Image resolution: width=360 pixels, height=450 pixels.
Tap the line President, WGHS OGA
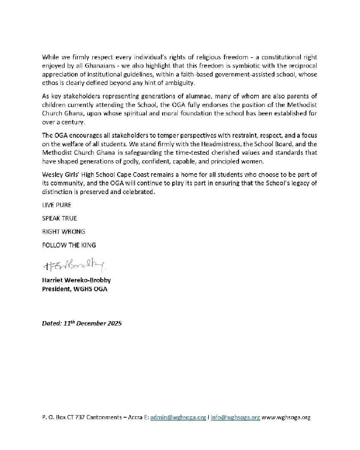tap(75, 289)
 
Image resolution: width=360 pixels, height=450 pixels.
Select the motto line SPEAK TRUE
tap(59, 218)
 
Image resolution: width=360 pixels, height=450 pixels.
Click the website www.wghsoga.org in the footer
tap(286, 418)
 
